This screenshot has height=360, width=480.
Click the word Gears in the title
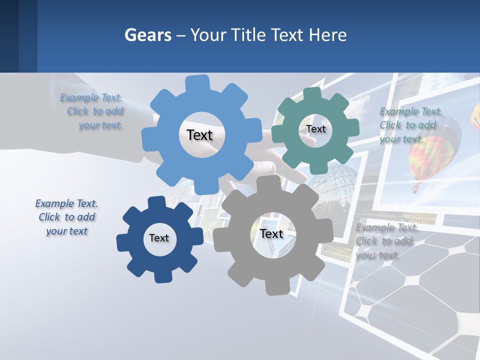click(x=147, y=35)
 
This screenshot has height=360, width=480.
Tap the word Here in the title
click(x=327, y=35)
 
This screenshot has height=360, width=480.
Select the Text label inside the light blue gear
click(x=199, y=135)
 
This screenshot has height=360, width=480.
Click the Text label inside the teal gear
click(x=315, y=129)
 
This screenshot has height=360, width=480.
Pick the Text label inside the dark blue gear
click(x=159, y=238)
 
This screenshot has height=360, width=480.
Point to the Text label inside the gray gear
click(x=271, y=233)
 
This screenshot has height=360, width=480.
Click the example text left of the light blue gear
click(x=92, y=111)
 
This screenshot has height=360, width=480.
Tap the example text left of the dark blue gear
click(x=66, y=217)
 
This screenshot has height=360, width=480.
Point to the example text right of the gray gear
click(x=386, y=241)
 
